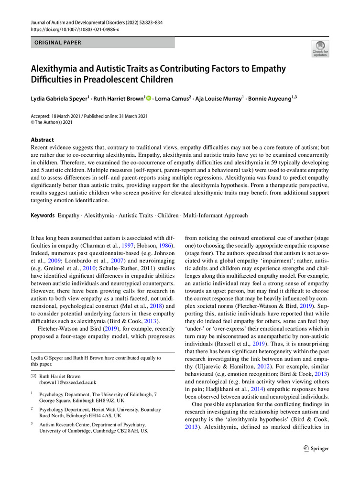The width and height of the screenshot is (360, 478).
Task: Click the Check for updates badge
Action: point(320,49)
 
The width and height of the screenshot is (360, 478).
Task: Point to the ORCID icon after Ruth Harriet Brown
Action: point(148,98)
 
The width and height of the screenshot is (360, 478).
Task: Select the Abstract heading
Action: point(43,140)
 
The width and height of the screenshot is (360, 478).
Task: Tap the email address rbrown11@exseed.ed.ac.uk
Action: point(67,382)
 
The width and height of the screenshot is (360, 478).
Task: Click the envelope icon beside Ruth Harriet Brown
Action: point(33,376)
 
